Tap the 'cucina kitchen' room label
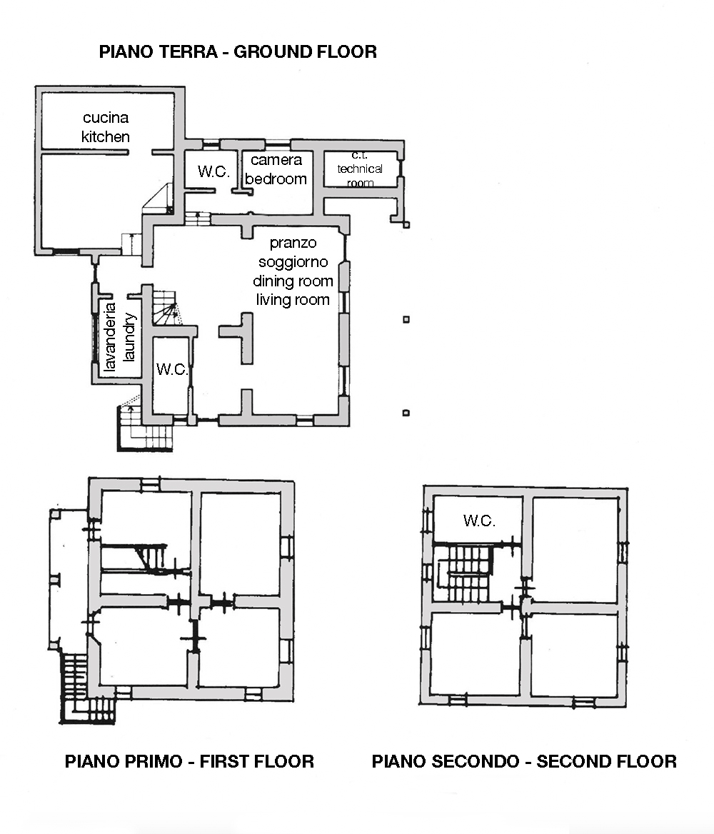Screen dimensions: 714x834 (x=106, y=127)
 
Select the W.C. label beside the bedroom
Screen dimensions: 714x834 (x=213, y=171)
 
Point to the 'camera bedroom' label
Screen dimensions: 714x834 (x=276, y=169)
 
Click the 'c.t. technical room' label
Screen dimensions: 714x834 (x=360, y=169)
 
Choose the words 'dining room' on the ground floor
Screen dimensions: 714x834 (x=293, y=281)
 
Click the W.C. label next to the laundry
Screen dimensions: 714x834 (x=172, y=369)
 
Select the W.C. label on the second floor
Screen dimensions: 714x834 (x=479, y=521)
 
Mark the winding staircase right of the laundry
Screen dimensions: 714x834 (x=165, y=308)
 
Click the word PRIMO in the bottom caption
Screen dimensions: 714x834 (x=154, y=761)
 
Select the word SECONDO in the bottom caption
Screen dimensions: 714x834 (x=475, y=761)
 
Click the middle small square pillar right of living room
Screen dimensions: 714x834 (x=406, y=319)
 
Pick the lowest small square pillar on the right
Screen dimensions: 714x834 (x=406, y=413)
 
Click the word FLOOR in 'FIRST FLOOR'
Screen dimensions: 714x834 (x=286, y=761)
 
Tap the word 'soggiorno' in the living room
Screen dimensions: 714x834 (x=293, y=261)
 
